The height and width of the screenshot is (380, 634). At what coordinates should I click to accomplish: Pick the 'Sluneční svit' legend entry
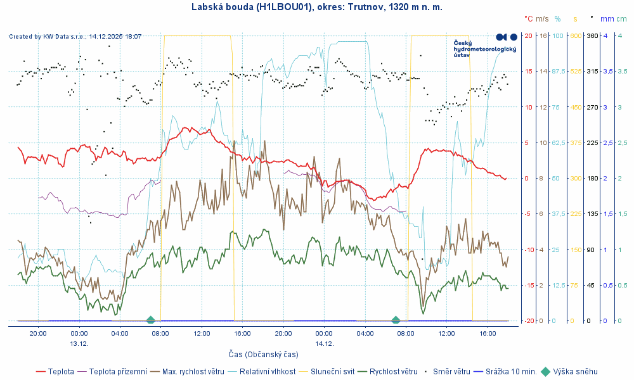(x=329, y=372)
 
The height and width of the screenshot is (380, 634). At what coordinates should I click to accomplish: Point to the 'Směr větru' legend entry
(x=451, y=372)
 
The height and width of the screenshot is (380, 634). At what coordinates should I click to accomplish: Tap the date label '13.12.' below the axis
(x=79, y=343)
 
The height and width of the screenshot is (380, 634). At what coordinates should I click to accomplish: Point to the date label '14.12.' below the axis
(x=323, y=343)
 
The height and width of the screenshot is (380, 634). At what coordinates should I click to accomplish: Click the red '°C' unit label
(x=529, y=19)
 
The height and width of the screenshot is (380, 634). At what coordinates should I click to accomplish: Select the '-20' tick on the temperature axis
(x=528, y=320)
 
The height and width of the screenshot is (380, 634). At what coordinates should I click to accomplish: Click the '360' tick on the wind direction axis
(x=592, y=35)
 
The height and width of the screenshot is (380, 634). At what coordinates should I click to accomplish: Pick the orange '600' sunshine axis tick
(x=576, y=35)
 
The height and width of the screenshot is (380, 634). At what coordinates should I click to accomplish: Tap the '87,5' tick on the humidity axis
(x=558, y=71)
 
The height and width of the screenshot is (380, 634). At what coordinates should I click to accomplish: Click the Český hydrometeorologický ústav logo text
(x=470, y=49)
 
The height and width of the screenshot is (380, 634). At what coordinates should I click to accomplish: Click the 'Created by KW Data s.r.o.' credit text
(x=75, y=37)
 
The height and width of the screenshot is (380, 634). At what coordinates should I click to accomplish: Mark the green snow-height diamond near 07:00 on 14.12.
(x=396, y=320)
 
